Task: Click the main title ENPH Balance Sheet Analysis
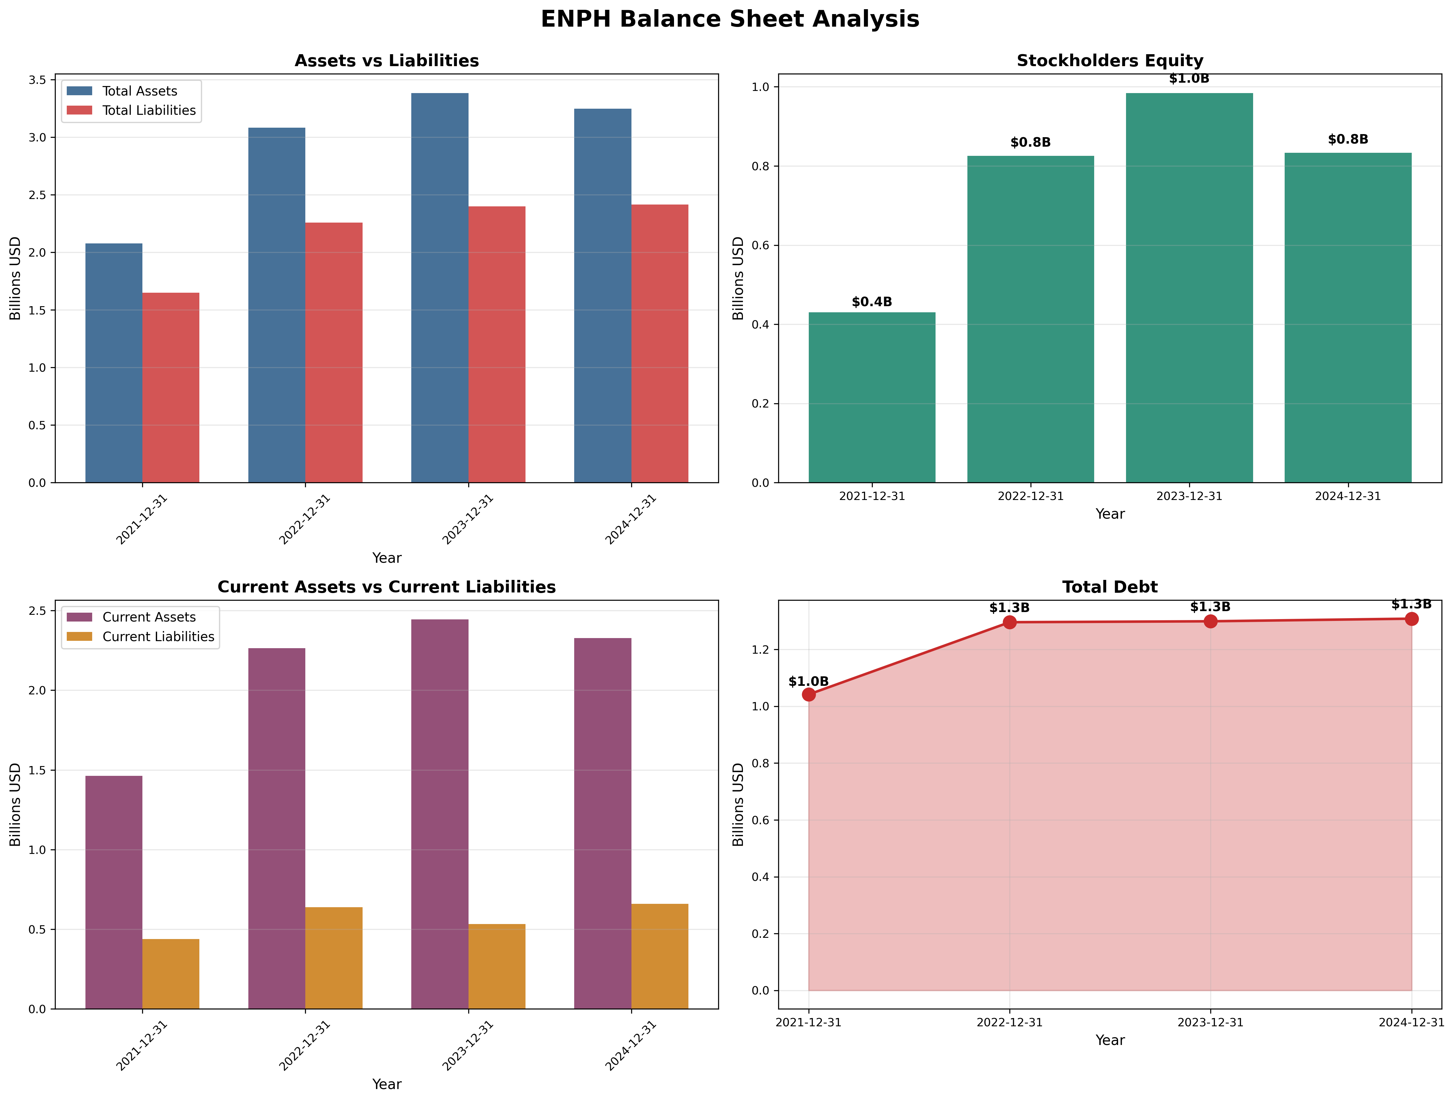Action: [x=730, y=19]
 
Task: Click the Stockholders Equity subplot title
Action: [x=1109, y=61]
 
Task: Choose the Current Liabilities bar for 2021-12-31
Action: [x=171, y=974]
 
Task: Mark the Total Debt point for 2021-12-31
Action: [x=808, y=695]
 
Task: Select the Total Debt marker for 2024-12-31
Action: [x=1411, y=619]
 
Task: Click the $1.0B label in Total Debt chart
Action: [x=808, y=682]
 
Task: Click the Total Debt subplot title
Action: [x=1109, y=587]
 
